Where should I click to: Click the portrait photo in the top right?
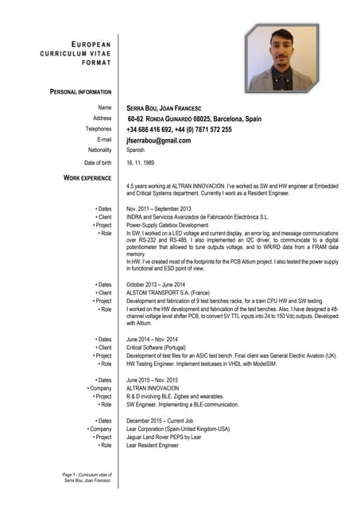(281, 59)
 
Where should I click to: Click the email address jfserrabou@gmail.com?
(158, 141)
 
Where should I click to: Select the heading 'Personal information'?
(80, 92)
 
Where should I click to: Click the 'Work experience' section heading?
(87, 178)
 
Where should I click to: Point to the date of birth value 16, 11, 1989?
(143, 163)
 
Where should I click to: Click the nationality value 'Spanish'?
(136, 150)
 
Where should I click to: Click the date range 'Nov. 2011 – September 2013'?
(159, 209)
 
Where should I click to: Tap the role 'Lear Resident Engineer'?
(153, 446)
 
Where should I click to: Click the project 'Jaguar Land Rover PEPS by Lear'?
(164, 437)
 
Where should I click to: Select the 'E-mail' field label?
(104, 140)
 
